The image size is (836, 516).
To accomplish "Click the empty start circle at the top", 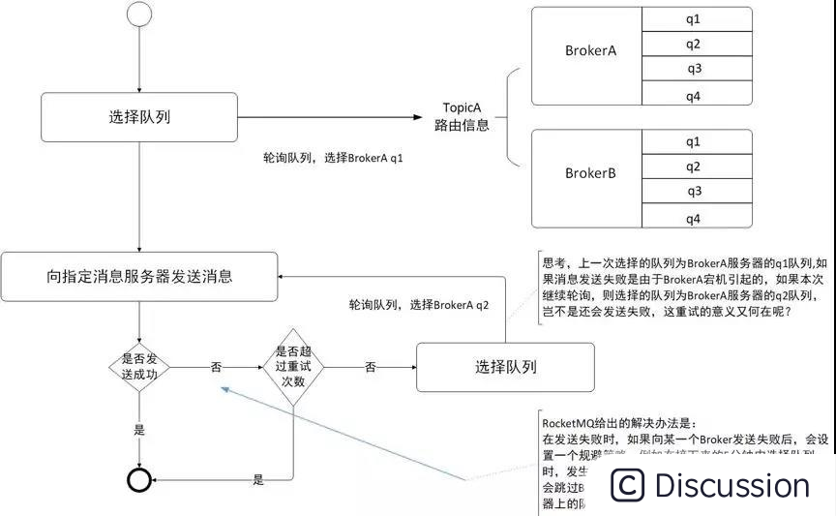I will click(140, 15).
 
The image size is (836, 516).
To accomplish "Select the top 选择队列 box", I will click(140, 117).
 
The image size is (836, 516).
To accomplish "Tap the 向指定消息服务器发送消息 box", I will click(140, 276).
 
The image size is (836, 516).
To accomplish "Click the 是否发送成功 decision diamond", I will click(140, 368).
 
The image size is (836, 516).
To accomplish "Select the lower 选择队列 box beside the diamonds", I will click(505, 367).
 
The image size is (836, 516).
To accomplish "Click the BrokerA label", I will click(591, 50).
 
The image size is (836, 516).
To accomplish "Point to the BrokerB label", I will click(591, 173).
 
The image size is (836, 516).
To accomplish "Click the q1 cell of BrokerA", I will click(694, 18).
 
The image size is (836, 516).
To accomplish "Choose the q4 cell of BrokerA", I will click(694, 94).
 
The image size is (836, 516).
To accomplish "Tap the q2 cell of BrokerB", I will click(694, 167).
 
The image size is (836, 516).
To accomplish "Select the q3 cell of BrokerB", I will click(694, 191).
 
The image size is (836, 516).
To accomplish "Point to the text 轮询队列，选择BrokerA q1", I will click(333, 157).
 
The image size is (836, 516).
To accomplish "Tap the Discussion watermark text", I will click(731, 485).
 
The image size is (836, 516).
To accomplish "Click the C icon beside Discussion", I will click(627, 485).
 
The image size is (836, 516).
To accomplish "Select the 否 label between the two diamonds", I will click(216, 368).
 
